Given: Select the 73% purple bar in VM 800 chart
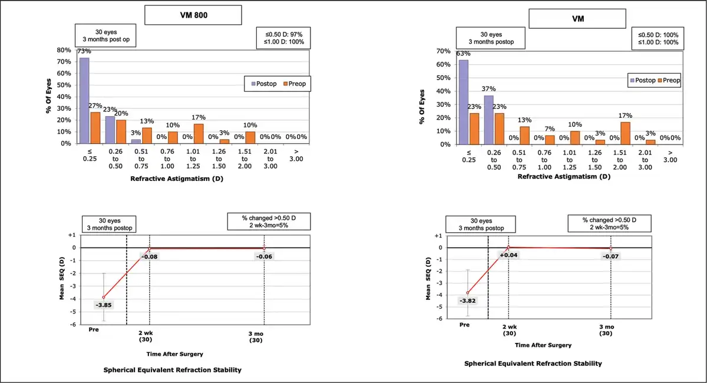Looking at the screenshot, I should (x=84, y=100).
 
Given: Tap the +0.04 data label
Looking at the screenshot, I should (x=508, y=255).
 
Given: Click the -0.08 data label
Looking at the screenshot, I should (x=150, y=256).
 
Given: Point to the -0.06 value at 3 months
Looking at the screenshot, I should (x=264, y=256).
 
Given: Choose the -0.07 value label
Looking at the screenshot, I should (x=611, y=256).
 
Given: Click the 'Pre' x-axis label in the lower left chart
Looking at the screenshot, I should (x=93, y=330).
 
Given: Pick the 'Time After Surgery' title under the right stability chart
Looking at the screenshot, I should (x=543, y=345).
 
